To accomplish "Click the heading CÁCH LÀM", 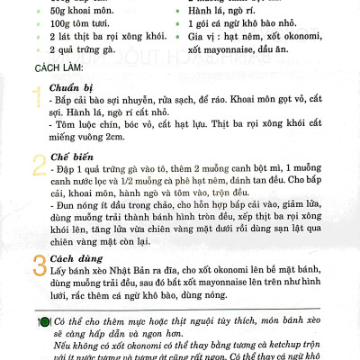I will (x=60, y=68).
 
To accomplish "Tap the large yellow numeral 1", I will (x=36, y=98).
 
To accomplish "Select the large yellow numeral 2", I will (x=38, y=166).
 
